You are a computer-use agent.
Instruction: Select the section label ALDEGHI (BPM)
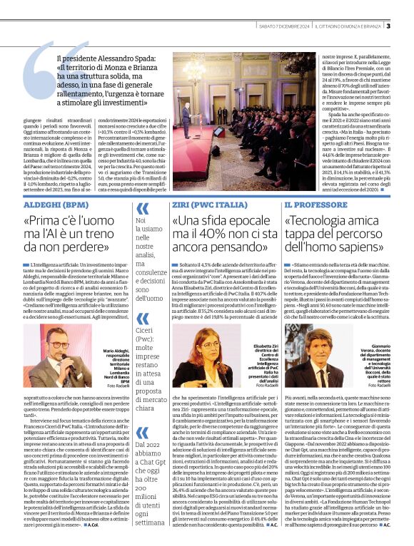39,203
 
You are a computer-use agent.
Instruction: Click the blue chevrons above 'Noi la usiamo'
142,209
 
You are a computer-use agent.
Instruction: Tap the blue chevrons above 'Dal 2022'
142,406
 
